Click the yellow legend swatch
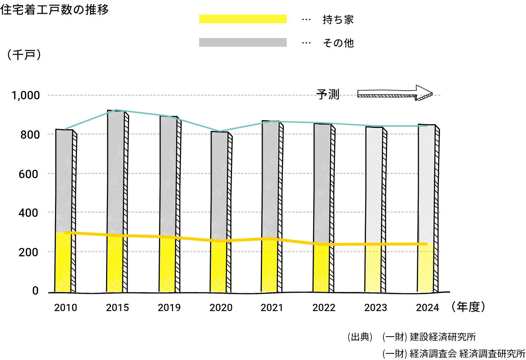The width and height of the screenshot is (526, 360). pyautogui.click(x=243, y=19)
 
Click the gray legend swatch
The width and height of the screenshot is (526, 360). pyautogui.click(x=243, y=42)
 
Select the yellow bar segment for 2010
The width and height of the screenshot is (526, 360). pyautogui.click(x=63, y=263)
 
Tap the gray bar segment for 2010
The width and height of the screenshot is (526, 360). pyautogui.click(x=64, y=181)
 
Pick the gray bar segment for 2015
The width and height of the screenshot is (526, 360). pyautogui.click(x=116, y=172)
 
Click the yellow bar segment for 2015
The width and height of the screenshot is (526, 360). pyautogui.click(x=115, y=265)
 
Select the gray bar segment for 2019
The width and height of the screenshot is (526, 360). pyautogui.click(x=168, y=175)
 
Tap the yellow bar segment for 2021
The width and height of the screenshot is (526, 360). pyautogui.click(x=270, y=266)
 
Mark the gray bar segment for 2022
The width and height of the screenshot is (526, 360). pyautogui.click(x=322, y=183)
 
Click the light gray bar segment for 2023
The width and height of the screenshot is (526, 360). pyautogui.click(x=374, y=184)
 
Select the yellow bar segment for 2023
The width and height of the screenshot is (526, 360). pyautogui.click(x=373, y=268)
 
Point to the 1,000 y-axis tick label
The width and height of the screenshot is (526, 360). pyautogui.click(x=26, y=96)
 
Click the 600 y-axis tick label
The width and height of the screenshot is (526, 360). pyautogui.click(x=28, y=174)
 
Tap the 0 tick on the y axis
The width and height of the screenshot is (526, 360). pyautogui.click(x=35, y=291)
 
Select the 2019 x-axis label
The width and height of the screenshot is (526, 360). pyautogui.click(x=169, y=308)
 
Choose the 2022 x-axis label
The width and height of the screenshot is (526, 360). pyautogui.click(x=324, y=308)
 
